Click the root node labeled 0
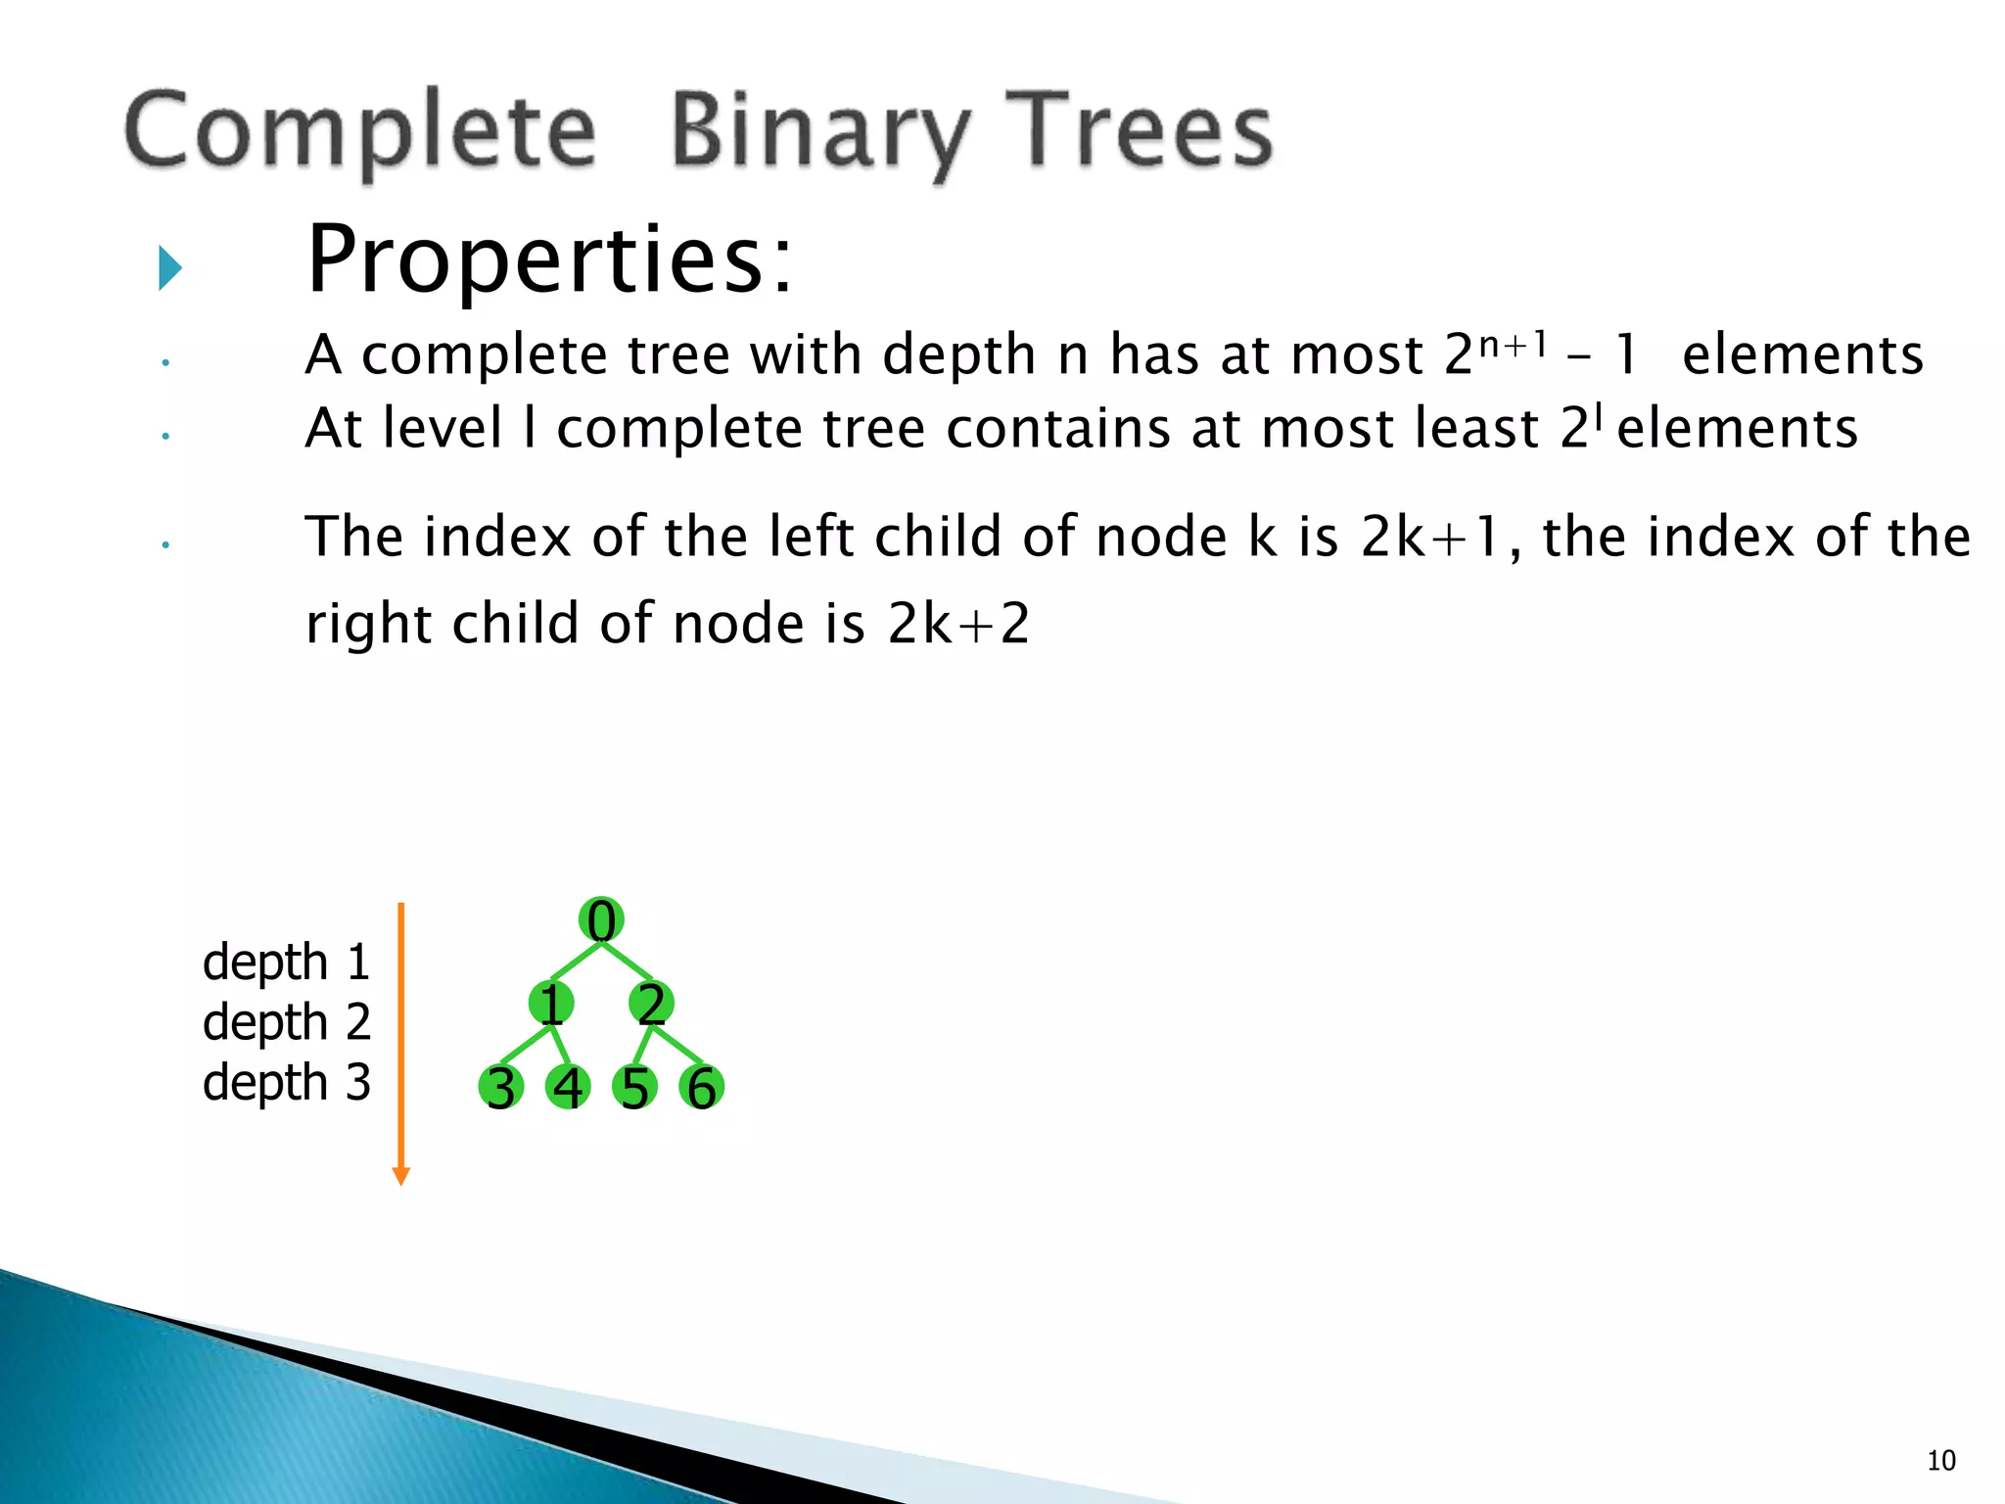pyautogui.click(x=601, y=920)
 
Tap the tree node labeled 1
pyautogui.click(x=551, y=1004)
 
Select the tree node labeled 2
pyautogui.click(x=651, y=1004)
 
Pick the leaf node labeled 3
pyautogui.click(x=501, y=1088)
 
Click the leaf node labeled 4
pyautogui.click(x=568, y=1088)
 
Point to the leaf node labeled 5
pyautogui.click(x=634, y=1088)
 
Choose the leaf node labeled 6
pyautogui.click(x=701, y=1088)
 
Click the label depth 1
pyautogui.click(x=286, y=963)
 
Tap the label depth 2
pyautogui.click(x=286, y=1022)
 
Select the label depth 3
pyautogui.click(x=286, y=1083)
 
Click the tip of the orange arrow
pyautogui.click(x=400, y=1182)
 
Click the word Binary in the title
pyautogui.click(x=820, y=132)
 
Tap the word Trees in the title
pyautogui.click(x=1140, y=132)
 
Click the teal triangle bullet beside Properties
pyautogui.click(x=170, y=267)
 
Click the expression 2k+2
pyautogui.click(x=958, y=624)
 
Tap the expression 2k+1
pyautogui.click(x=1430, y=537)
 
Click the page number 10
pyautogui.click(x=1941, y=1461)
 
